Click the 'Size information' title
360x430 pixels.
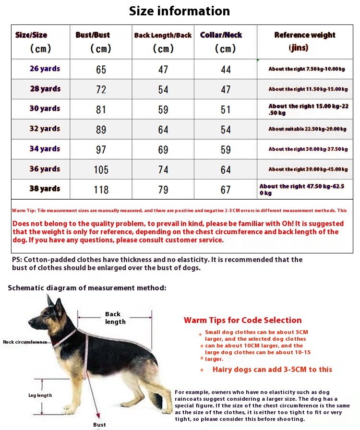(180, 11)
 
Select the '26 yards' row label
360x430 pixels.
(45, 69)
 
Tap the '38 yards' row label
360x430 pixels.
(45, 189)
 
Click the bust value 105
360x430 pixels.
(101, 169)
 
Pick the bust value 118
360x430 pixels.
(101, 190)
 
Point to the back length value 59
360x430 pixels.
(163, 109)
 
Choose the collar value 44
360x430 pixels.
(226, 70)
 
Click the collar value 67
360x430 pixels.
(226, 190)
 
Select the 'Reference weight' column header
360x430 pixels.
(305, 35)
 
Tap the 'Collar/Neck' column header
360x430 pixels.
(221, 35)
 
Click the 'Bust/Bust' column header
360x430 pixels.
(93, 35)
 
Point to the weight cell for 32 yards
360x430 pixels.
(307, 129)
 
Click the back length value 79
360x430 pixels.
(163, 190)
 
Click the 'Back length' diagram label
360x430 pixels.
(115, 318)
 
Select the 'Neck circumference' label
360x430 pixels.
(25, 342)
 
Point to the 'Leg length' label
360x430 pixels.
(40, 395)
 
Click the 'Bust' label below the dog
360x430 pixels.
(99, 425)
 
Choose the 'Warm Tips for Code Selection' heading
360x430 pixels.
(242, 320)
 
